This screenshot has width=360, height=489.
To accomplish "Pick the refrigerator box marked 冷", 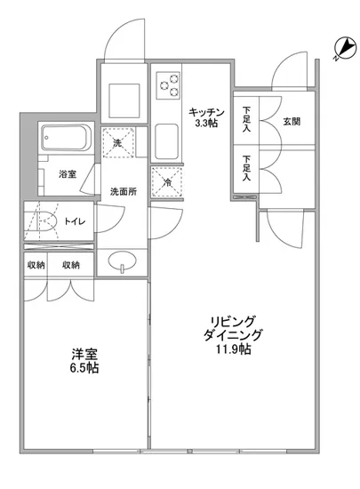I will tap(165, 182).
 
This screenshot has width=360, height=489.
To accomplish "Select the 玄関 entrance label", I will tap(292, 122).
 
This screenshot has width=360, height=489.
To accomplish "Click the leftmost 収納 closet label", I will tap(36, 264).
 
